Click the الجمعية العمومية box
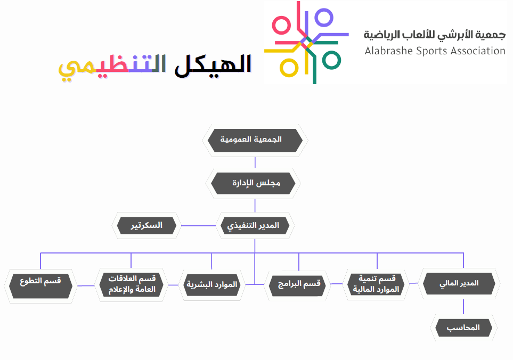255,140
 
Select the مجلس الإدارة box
253,183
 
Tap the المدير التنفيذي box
255,226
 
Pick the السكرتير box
146,226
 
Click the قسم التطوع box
40,286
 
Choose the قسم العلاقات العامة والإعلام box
131,284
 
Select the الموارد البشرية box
212,285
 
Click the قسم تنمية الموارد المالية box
376,284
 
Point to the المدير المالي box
459,283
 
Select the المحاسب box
463,328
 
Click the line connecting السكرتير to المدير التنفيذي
198,226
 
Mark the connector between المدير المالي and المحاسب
463,307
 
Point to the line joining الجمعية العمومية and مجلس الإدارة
255,162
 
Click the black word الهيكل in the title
213,65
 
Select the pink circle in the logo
281,25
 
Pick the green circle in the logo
331,60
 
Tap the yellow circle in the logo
289,68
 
